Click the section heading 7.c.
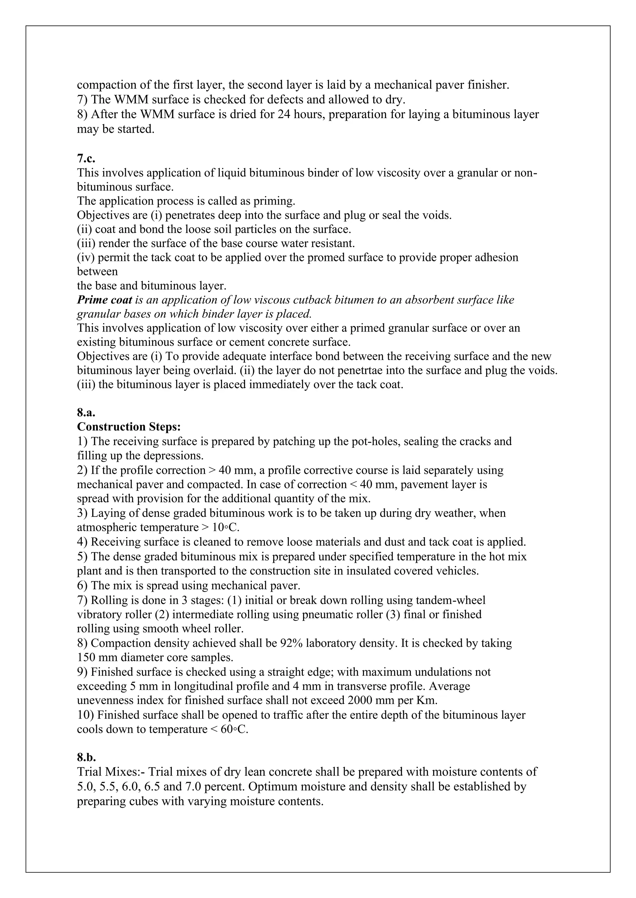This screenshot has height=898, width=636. [86, 158]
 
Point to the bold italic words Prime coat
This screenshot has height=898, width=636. [105, 300]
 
